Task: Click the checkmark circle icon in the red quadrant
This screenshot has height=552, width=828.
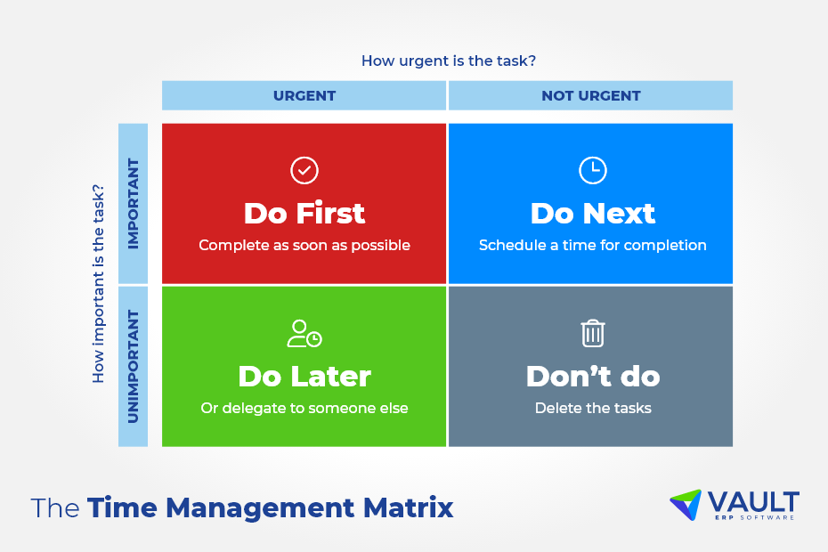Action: click(x=304, y=170)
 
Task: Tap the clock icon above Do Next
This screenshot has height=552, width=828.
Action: click(x=592, y=170)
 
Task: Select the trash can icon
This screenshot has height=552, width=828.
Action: click(x=592, y=334)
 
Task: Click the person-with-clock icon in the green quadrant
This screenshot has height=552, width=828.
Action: click(x=304, y=334)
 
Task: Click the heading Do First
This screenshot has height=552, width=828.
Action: click(x=304, y=214)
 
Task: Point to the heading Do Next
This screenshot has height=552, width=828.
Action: click(x=592, y=214)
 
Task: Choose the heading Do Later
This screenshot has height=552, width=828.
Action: click(x=304, y=377)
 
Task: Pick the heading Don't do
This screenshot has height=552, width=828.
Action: click(x=592, y=377)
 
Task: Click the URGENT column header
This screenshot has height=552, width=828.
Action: click(x=304, y=96)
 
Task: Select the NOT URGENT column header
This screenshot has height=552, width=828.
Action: click(x=591, y=96)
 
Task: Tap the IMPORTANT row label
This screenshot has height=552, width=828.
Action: click(x=134, y=204)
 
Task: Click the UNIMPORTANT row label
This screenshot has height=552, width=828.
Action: click(x=134, y=366)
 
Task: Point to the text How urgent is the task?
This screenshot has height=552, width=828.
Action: click(x=448, y=61)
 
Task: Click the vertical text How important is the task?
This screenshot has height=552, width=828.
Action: click(x=99, y=283)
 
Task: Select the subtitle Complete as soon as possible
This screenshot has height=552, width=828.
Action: click(x=304, y=245)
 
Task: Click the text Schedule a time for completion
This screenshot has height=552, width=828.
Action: click(x=592, y=245)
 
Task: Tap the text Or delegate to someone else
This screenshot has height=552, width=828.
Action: click(x=304, y=409)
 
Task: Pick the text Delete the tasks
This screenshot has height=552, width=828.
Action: click(x=592, y=409)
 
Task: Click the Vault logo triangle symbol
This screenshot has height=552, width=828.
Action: click(x=685, y=504)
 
